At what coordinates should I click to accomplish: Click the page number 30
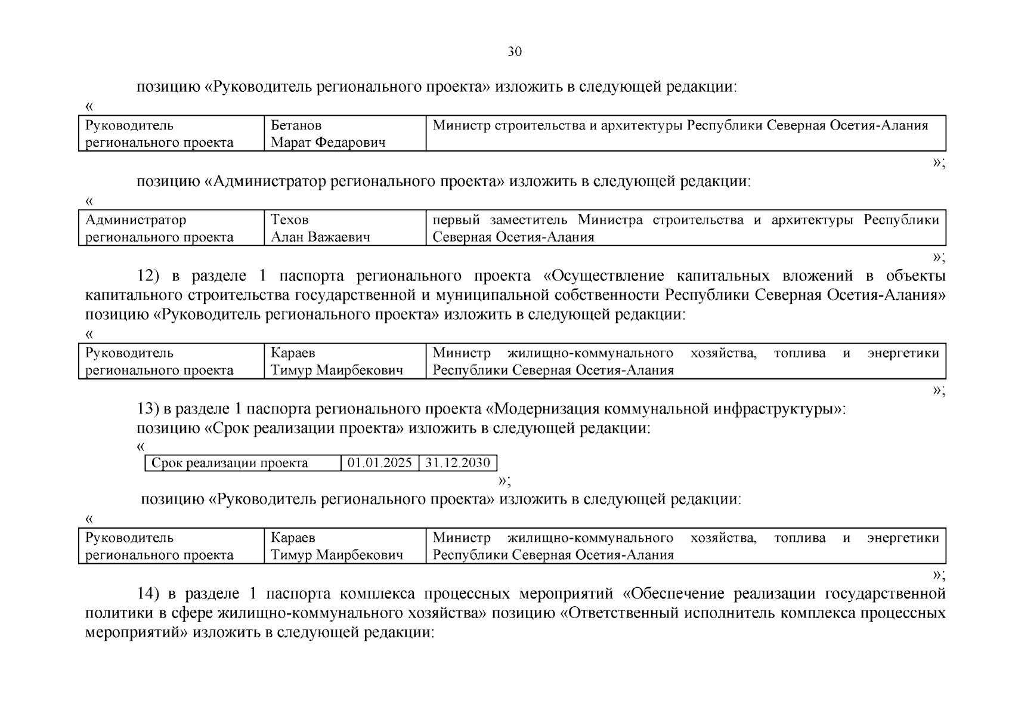[x=514, y=52]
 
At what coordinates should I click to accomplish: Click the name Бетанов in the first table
[x=296, y=125]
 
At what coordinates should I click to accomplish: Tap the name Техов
[x=290, y=220]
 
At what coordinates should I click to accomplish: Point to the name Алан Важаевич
[x=320, y=237]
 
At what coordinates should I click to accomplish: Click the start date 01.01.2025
[x=380, y=463]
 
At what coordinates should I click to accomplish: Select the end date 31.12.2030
[x=457, y=463]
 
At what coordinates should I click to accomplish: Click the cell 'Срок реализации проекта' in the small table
[x=230, y=463]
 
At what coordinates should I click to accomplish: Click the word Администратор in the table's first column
[x=135, y=220]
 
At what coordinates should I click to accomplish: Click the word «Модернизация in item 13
[x=530, y=409]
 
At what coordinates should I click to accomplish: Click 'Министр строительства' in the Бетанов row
[x=499, y=125]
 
